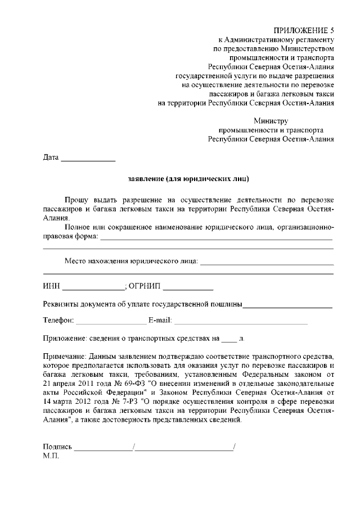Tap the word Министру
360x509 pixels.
[271, 120]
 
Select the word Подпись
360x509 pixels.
[57, 447]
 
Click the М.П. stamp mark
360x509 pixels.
[51, 456]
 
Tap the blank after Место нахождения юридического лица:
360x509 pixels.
[267, 262]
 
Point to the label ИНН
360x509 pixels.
[51, 286]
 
